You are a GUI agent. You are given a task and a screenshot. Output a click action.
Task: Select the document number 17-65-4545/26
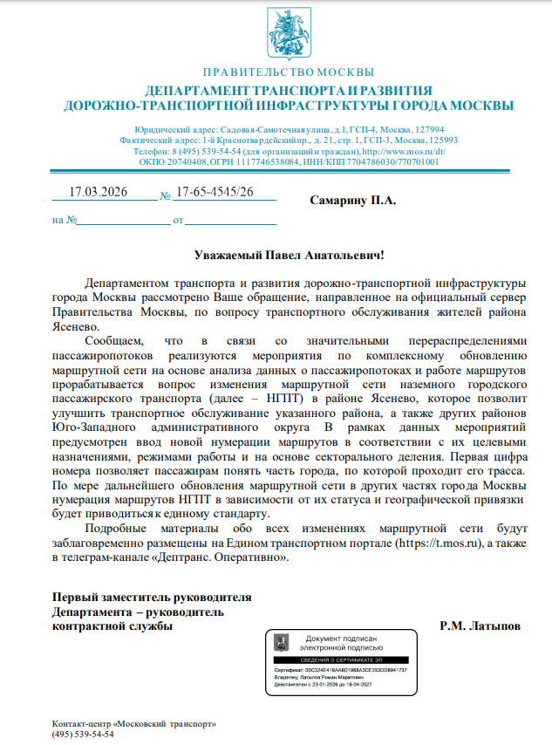215,193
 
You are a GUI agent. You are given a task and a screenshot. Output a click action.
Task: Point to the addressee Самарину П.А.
353,201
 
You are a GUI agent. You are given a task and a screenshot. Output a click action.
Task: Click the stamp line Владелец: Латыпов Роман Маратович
322,677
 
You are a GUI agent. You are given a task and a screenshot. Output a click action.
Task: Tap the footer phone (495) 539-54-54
83,735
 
